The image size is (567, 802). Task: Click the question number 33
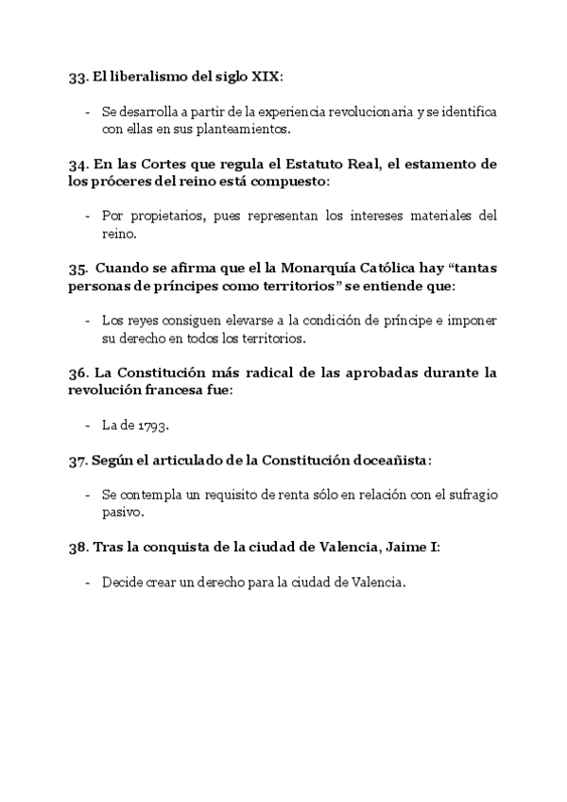78,77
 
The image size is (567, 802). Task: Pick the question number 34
78,164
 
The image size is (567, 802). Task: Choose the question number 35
78,268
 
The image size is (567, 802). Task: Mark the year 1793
151,426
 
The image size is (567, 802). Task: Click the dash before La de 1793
87,426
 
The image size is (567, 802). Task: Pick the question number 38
78,547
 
